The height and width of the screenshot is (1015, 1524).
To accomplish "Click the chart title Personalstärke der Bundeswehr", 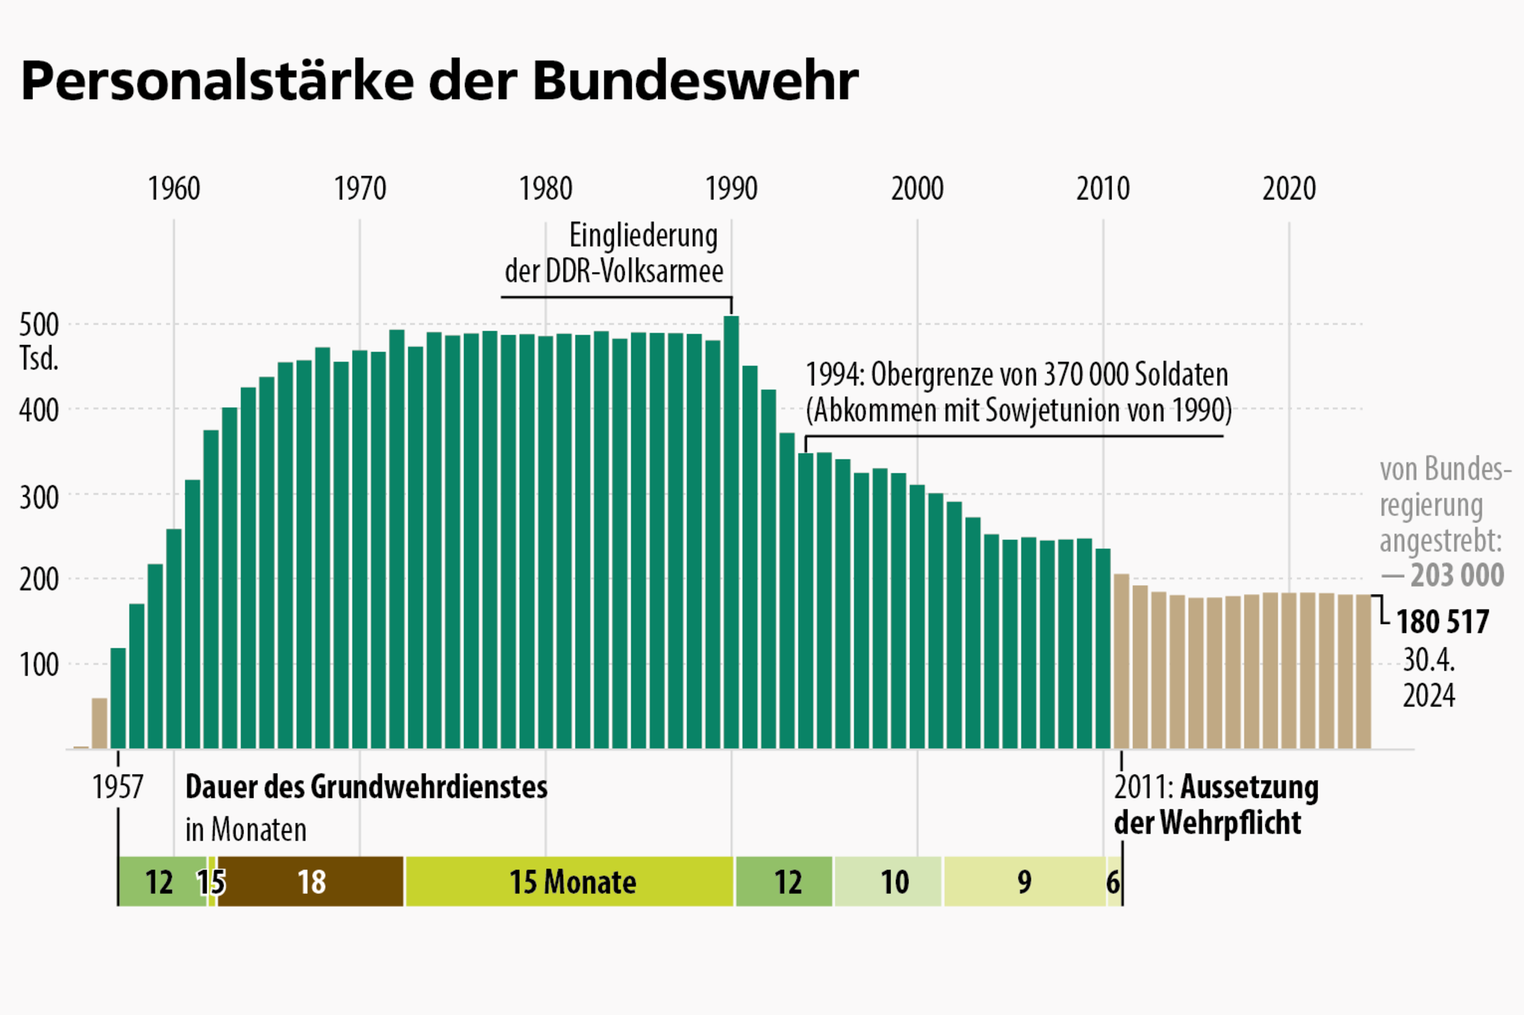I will coord(439,80).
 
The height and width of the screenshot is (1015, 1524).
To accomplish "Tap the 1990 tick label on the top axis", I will coord(731,189).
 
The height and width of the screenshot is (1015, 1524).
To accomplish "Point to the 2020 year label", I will coord(1289,189).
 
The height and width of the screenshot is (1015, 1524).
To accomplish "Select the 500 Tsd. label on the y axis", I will coord(39,341).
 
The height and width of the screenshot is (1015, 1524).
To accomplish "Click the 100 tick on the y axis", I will coord(39,665).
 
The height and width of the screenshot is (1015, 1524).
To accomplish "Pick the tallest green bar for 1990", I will coord(731,532).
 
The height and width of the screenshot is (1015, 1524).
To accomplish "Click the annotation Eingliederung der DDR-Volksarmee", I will coord(613,254).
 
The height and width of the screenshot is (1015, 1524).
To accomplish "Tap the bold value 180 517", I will coord(1442,622).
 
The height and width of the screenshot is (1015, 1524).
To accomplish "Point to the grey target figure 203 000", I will coord(1456,576).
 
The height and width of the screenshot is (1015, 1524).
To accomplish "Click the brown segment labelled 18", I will coord(311,882).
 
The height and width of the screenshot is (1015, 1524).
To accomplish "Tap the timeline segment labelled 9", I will coord(1025,882).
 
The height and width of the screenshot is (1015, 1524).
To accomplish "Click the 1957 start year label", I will coord(118,787).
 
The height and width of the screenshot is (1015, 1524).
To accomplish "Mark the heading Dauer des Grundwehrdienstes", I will coord(366,787).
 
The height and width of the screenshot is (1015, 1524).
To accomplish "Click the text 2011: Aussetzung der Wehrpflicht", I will coord(1216,805).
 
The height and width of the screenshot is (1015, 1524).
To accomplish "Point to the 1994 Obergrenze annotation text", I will coord(1018,392).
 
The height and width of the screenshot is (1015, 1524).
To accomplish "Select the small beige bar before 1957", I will coord(99,723).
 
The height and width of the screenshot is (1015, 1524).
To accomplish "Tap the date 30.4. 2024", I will coord(1429,678).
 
